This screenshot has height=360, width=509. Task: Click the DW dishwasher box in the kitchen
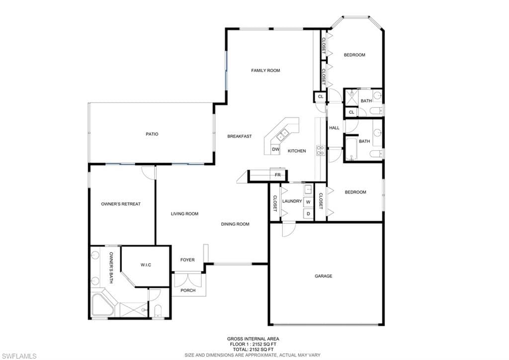(x=275, y=150)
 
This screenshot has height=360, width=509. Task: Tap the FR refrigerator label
(x=278, y=175)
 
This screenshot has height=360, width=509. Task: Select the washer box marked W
(x=308, y=202)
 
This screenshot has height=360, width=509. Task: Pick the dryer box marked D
(x=308, y=214)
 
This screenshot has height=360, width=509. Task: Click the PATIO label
(x=152, y=134)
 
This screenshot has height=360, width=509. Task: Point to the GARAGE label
(x=324, y=276)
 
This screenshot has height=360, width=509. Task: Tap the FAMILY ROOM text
(x=265, y=71)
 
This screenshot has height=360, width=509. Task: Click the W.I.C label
(x=146, y=265)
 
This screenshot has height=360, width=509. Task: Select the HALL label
(x=335, y=128)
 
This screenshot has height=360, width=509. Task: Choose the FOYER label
(x=187, y=260)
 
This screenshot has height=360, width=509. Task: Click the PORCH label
(x=188, y=290)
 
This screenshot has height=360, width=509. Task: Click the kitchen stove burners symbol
(x=321, y=150)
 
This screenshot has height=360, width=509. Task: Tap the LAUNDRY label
(x=292, y=201)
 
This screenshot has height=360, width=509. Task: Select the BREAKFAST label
(x=240, y=136)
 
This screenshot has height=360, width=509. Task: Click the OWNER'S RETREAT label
(x=121, y=204)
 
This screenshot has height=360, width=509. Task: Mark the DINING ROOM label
(x=235, y=224)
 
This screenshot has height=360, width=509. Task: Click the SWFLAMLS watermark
(x=18, y=357)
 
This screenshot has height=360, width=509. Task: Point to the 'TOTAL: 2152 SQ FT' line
(x=253, y=350)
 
